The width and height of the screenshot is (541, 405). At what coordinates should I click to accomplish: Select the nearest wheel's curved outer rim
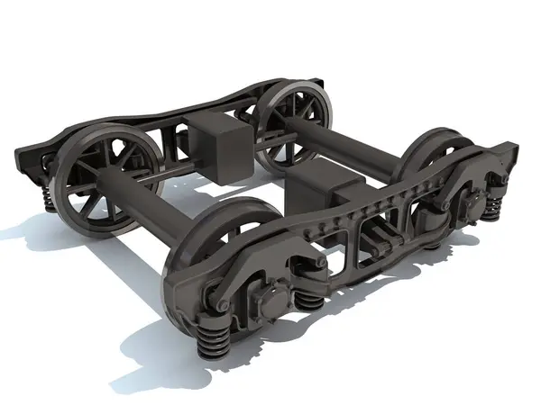coord(177,270)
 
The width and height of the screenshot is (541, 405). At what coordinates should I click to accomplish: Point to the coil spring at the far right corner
coord(492,211)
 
